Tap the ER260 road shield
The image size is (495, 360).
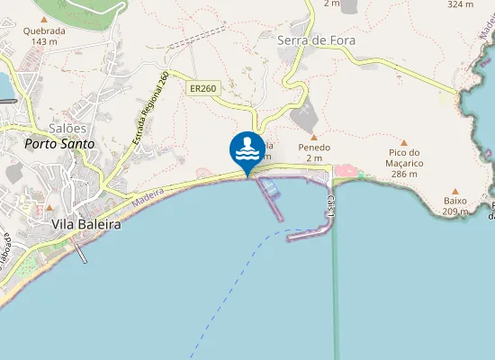[x=202, y=88]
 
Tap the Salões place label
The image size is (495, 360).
[x=67, y=129]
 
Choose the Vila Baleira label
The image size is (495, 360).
[x=86, y=224]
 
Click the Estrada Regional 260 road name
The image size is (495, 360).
[x=150, y=109]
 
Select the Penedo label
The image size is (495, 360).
[x=314, y=148]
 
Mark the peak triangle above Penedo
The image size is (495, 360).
[x=314, y=137]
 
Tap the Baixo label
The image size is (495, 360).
[x=454, y=202]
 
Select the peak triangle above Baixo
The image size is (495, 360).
[x=454, y=191]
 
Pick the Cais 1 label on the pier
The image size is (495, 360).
[x=332, y=206]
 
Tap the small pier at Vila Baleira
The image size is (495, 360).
[x=81, y=254]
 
